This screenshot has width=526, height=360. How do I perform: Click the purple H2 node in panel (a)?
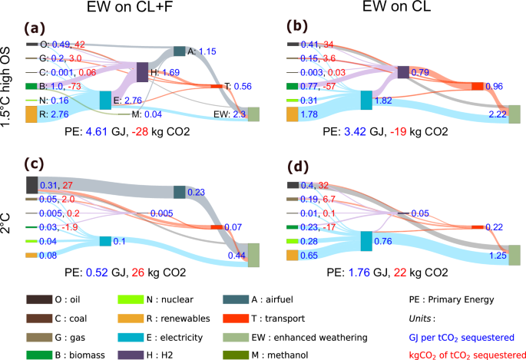[141, 73]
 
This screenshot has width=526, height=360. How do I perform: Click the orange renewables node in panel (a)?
[31, 114]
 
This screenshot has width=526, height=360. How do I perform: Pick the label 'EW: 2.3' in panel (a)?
[228, 114]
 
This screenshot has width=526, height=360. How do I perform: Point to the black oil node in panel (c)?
[31, 185]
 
